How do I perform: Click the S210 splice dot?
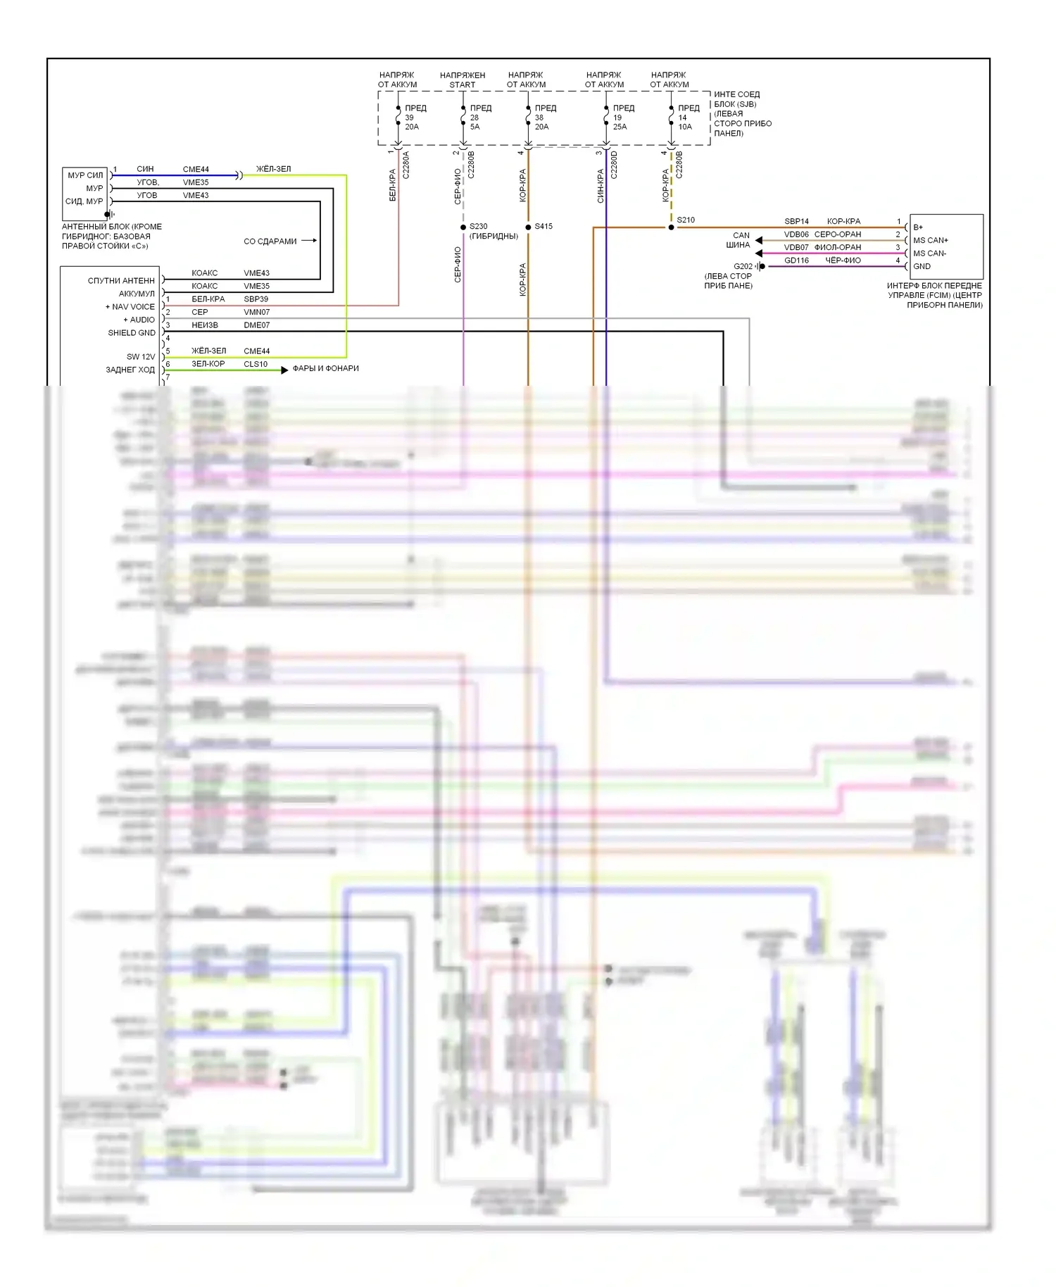[x=671, y=227]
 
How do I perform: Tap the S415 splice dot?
[x=528, y=227]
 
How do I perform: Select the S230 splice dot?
[x=463, y=227]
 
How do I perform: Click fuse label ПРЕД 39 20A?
[x=415, y=118]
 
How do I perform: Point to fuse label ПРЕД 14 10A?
[x=688, y=118]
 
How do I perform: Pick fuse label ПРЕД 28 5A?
[x=480, y=118]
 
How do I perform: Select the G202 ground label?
[x=743, y=266]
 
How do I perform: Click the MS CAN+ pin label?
[x=931, y=240]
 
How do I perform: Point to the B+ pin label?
[x=918, y=227]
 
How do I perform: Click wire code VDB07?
[x=796, y=247]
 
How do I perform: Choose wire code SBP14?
[x=796, y=221]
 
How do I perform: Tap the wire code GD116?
[x=796, y=260]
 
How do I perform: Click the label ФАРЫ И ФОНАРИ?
[x=325, y=368]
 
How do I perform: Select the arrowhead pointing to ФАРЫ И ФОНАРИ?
[x=284, y=370]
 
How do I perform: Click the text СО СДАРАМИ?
[x=270, y=241]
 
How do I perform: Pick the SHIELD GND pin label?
[x=131, y=333]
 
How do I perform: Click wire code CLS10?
[x=256, y=364]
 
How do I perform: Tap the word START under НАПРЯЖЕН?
[x=463, y=84]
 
